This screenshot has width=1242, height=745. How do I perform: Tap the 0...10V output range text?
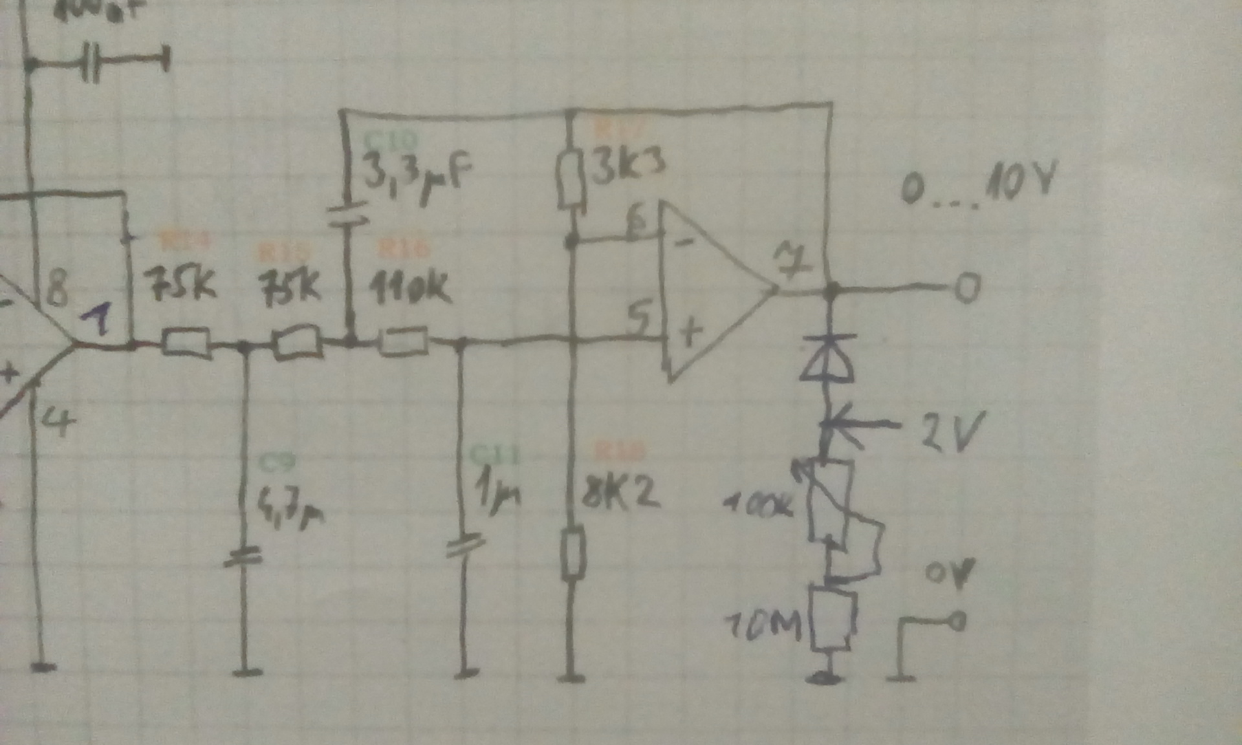tap(977, 184)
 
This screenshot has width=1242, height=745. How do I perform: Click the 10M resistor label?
tap(763, 625)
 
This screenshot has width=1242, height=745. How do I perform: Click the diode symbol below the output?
tap(827, 358)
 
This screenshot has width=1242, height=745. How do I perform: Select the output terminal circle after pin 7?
tap(968, 288)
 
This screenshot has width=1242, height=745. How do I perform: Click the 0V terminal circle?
tap(957, 621)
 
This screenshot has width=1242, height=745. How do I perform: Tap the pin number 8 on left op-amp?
tap(57, 288)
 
